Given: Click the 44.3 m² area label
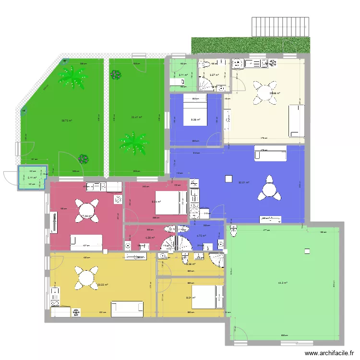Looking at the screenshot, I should [282, 283].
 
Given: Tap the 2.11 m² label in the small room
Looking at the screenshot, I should [32, 178].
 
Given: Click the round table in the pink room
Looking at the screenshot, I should [86, 209].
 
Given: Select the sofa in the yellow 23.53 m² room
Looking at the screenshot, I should [127, 309].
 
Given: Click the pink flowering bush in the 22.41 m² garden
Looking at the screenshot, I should [115, 74].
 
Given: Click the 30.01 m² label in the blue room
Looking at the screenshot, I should [245, 182].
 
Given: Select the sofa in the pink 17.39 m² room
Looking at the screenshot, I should [86, 242].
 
